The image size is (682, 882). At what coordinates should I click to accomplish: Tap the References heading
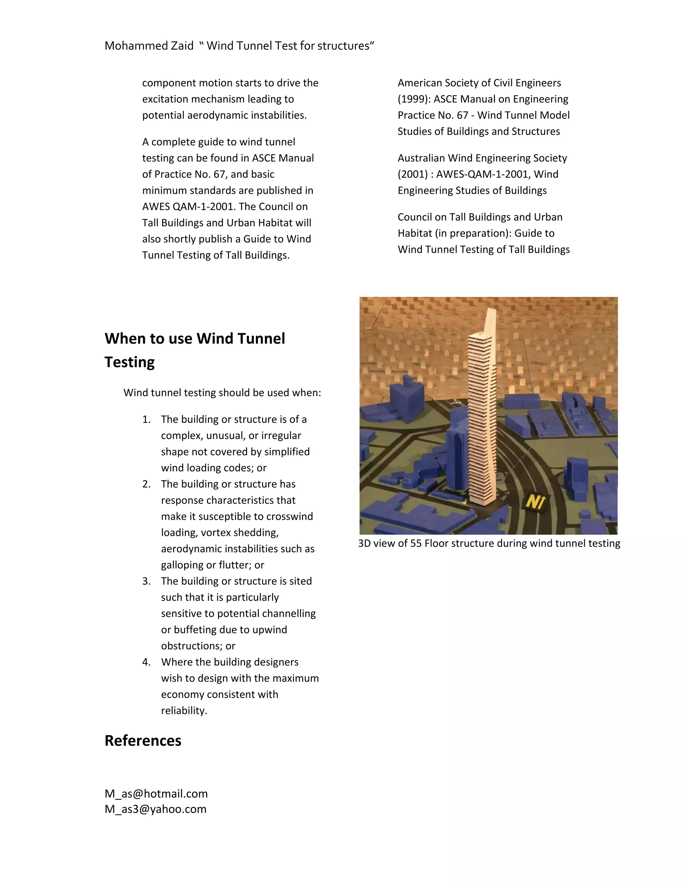click(143, 741)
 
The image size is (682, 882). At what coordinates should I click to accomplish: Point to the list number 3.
click(146, 581)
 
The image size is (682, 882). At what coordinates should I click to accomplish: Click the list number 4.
click(146, 662)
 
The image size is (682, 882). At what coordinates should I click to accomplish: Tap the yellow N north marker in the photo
click(535, 502)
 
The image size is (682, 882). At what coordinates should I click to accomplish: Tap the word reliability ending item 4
click(184, 711)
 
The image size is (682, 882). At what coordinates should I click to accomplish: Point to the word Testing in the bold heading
click(129, 362)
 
